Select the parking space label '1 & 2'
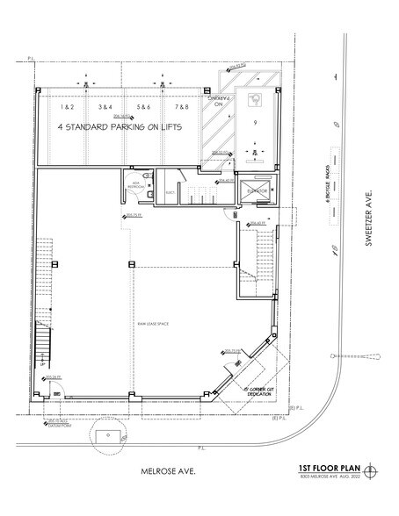coord(67,106)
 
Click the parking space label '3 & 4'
coord(105,106)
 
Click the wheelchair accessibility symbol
coord(258,100)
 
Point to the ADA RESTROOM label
coord(135,187)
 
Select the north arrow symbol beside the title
coord(379,470)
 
